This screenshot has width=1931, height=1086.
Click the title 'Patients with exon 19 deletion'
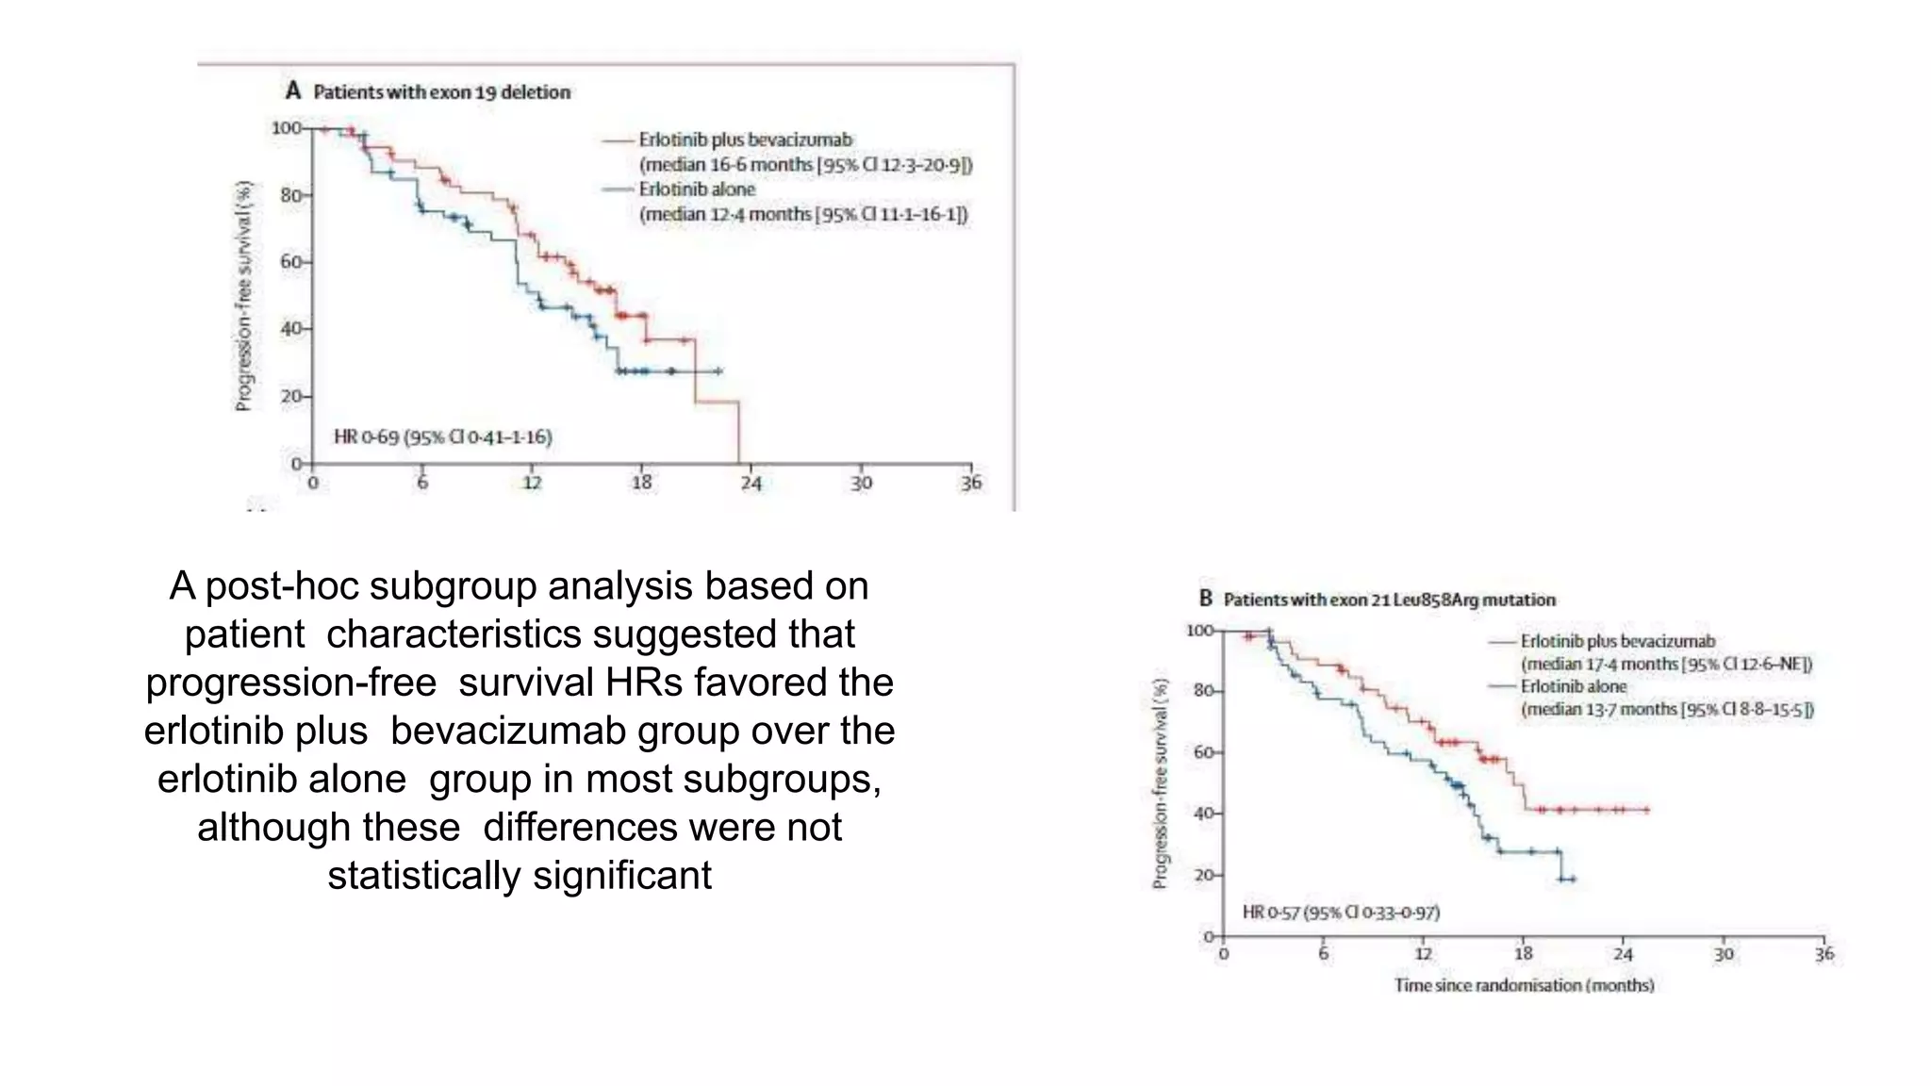pyautogui.click(x=441, y=92)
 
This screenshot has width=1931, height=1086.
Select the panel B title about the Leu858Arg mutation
pyautogui.click(x=1389, y=600)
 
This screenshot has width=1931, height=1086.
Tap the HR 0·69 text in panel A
pyautogui.click(x=442, y=437)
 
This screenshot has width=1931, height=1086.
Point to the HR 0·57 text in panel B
pyautogui.click(x=1340, y=913)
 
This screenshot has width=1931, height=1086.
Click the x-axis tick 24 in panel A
pyautogui.click(x=751, y=484)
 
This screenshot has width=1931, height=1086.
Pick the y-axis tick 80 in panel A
pyautogui.click(x=291, y=196)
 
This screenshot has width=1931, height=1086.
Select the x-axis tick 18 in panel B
pyautogui.click(x=1524, y=954)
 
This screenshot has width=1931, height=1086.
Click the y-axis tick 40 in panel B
pyautogui.click(x=1204, y=814)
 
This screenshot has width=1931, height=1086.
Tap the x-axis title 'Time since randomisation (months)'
pyautogui.click(x=1524, y=985)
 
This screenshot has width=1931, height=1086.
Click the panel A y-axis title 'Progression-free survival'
pyautogui.click(x=244, y=296)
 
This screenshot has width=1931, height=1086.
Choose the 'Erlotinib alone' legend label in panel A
pyautogui.click(x=697, y=189)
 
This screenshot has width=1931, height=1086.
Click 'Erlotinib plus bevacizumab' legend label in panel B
pyautogui.click(x=1617, y=642)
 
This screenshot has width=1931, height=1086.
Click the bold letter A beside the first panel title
pyautogui.click(x=293, y=91)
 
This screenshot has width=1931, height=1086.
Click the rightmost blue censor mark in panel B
pyautogui.click(x=1573, y=880)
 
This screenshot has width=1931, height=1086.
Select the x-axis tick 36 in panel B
pyautogui.click(x=1824, y=954)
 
